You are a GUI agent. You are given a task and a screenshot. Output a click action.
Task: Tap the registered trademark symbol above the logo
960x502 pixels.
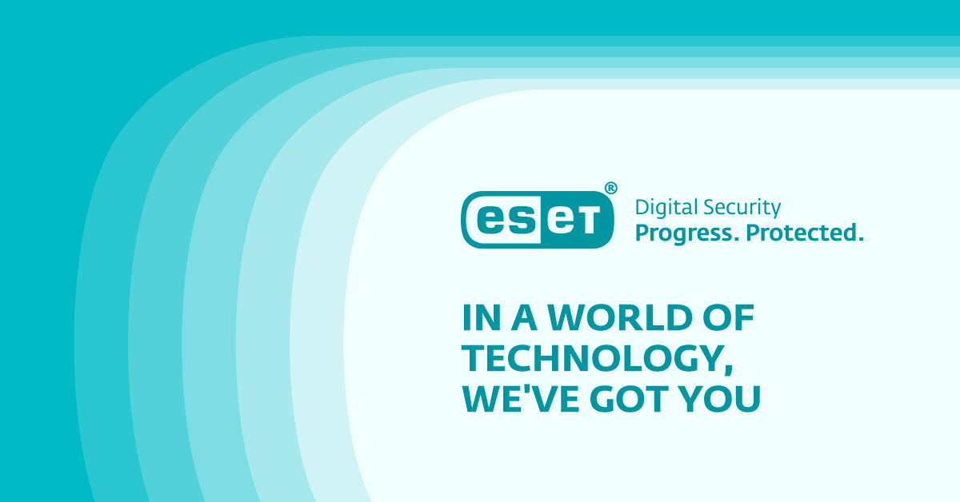(610, 188)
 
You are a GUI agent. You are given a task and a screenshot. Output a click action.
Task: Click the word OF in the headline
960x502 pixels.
(730, 319)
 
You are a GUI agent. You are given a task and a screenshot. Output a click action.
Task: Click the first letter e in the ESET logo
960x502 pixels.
(490, 221)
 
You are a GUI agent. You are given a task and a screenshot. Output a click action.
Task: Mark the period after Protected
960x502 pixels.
(860, 240)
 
